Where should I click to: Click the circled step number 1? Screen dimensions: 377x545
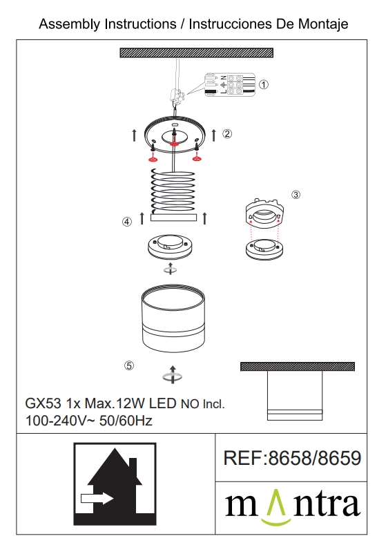[x=264, y=84]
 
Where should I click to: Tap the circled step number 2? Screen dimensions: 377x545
[x=227, y=133]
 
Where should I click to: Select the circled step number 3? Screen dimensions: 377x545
[x=296, y=195]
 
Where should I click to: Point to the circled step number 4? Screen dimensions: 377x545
[x=127, y=222]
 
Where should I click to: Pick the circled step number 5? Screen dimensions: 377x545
[x=129, y=365]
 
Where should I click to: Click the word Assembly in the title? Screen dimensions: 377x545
[x=69, y=24]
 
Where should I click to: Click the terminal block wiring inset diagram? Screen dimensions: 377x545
[x=230, y=84]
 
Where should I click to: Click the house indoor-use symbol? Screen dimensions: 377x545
[x=115, y=484]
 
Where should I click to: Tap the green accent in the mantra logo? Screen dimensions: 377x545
[x=276, y=508]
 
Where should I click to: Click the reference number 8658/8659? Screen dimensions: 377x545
[x=315, y=458]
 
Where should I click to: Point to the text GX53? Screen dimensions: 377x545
[x=43, y=403]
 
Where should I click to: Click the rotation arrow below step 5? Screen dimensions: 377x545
[x=173, y=375]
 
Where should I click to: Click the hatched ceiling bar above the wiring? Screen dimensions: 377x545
[x=196, y=52]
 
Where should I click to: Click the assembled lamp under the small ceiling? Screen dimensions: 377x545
[x=295, y=396]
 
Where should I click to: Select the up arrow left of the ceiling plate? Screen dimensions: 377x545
[x=135, y=135]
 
